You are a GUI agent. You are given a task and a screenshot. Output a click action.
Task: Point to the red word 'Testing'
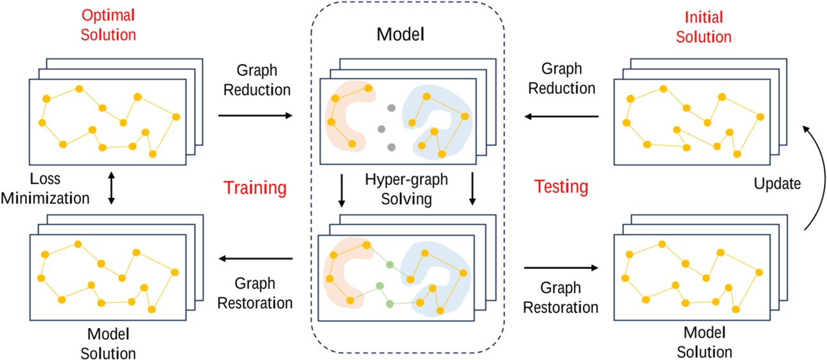coord(560,187)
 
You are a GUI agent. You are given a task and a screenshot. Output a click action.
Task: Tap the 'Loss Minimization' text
coord(45,190)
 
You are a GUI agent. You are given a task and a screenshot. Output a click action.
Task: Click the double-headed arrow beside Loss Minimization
coord(112,188)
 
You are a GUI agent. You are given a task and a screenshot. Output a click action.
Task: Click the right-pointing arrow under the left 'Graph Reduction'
coord(254,116)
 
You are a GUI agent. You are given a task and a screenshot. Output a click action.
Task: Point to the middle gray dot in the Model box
coord(382,129)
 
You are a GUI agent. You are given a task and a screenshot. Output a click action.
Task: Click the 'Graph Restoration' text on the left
coord(254,292)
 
